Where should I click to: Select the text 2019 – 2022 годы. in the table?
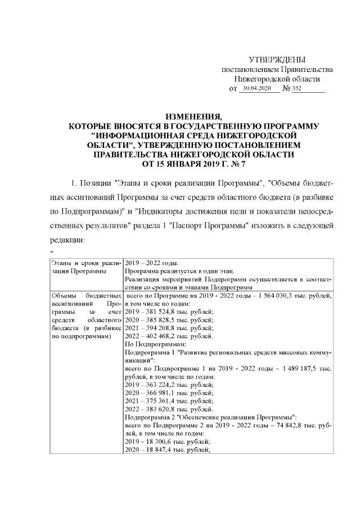(x=151, y=263)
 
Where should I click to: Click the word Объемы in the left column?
(x=64, y=295)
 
